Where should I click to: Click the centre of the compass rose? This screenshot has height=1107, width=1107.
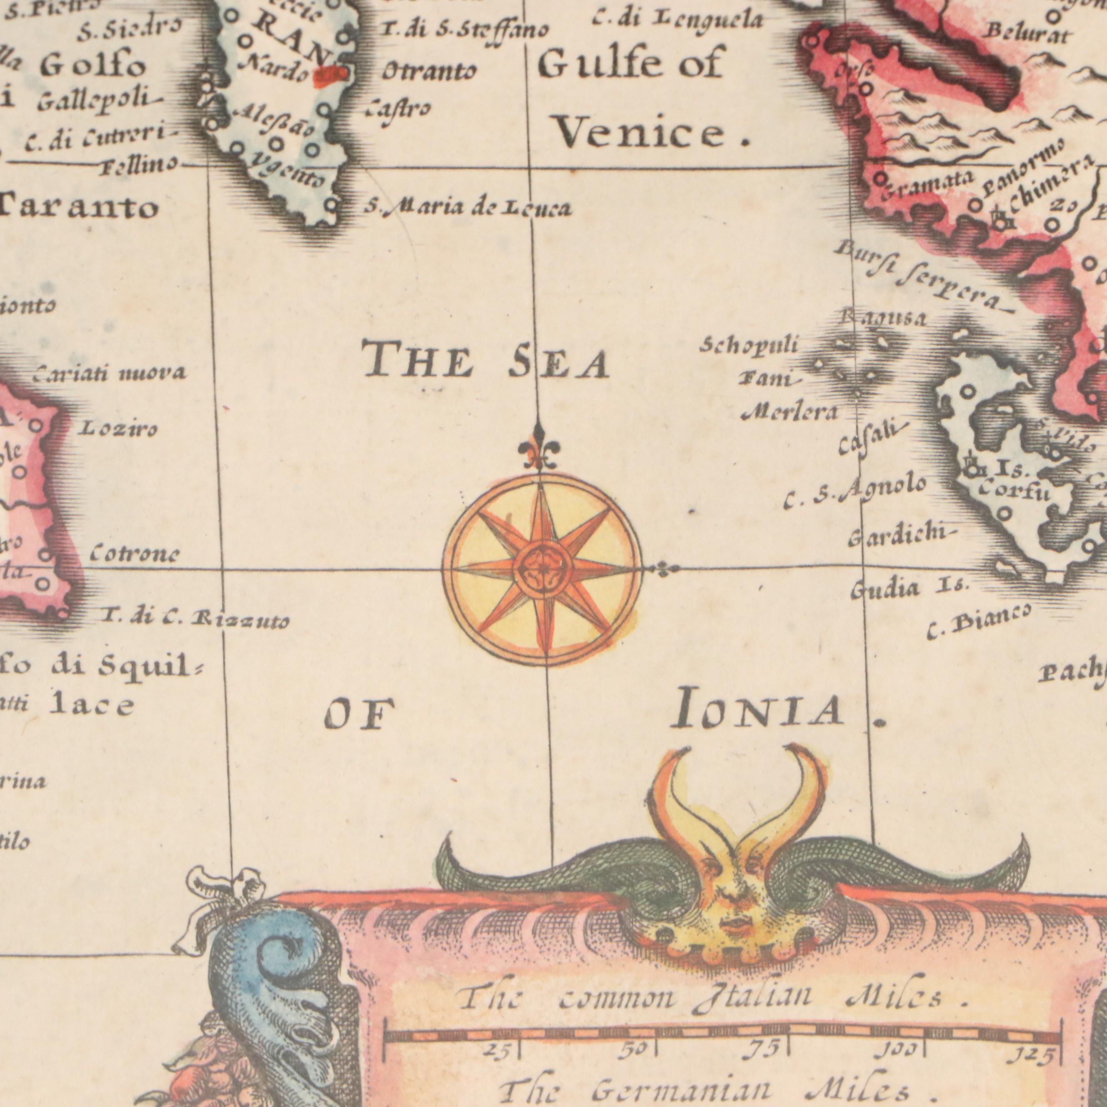(x=543, y=569)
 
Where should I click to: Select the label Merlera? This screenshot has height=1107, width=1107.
(x=789, y=411)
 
